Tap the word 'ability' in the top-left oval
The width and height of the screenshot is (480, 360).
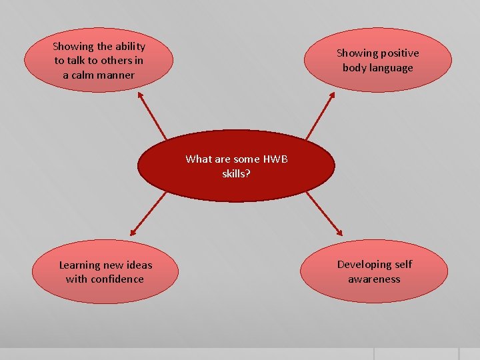pos(129,47)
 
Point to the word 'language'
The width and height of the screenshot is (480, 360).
pos(391,68)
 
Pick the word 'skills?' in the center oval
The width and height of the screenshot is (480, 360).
pos(237,173)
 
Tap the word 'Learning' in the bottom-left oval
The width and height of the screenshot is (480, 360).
pos(79,265)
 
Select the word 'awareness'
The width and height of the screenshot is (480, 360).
pos(374,279)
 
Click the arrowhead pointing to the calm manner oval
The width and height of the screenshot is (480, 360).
pos(141,95)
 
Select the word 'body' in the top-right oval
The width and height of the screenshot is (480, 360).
pos(355,68)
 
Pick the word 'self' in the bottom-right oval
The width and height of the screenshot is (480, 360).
pos(403,265)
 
